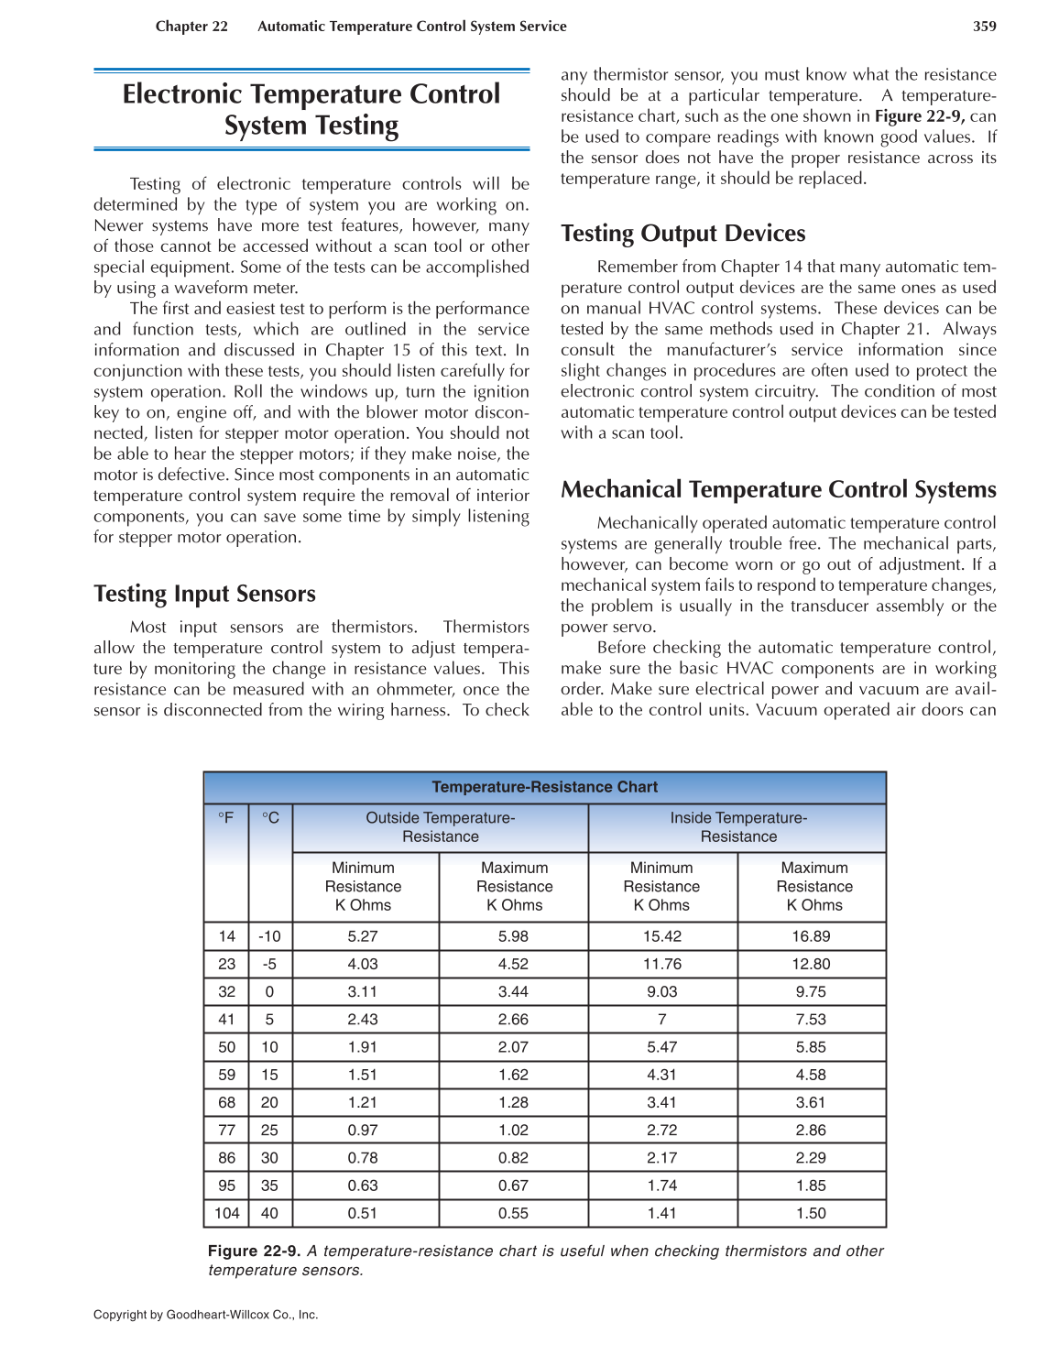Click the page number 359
(984, 27)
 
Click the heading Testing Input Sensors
(204, 594)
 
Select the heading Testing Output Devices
(682, 234)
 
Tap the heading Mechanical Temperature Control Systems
(778, 489)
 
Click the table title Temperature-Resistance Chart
(544, 787)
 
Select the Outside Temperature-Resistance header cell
(440, 827)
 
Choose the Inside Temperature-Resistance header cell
(737, 827)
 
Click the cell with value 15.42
(661, 936)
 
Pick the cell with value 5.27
(363, 936)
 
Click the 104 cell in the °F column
(226, 1213)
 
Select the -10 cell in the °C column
(269, 936)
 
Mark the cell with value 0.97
(363, 1131)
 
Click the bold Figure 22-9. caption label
(254, 1251)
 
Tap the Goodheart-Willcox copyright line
(205, 1315)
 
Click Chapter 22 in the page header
(191, 27)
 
